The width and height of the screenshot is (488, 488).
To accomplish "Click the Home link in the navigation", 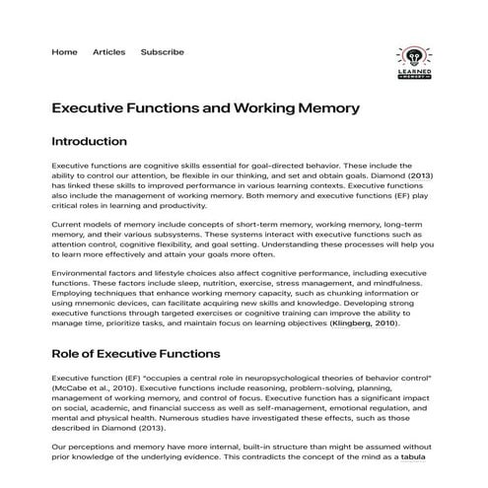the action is [64, 51].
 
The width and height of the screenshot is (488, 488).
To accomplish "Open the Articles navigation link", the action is [108, 51].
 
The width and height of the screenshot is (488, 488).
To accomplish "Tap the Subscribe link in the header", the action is [162, 51].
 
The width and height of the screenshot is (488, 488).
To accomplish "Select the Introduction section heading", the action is [89, 141].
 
